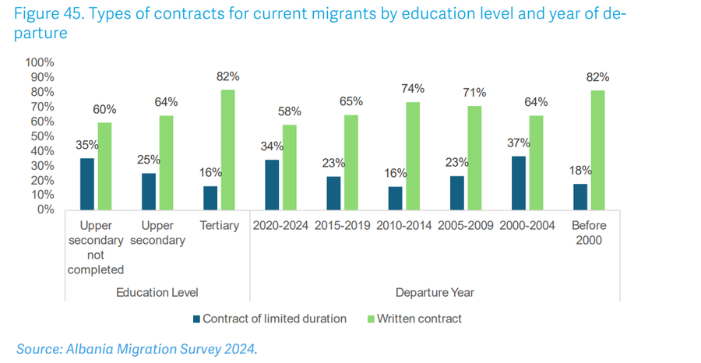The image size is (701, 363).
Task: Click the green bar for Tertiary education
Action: point(227,150)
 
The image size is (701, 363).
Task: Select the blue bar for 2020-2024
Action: point(272,185)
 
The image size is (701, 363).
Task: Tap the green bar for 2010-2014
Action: point(414,156)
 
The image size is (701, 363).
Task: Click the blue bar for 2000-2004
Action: point(519,182)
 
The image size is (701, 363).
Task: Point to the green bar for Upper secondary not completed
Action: point(104,166)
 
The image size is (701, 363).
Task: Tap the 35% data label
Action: point(87,145)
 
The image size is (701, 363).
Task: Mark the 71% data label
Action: point(476,93)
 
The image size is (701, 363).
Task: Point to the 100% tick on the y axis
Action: point(39,62)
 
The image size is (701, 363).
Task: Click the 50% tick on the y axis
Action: point(41,136)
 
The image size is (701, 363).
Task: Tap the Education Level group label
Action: point(157,292)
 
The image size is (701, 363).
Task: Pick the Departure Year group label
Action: point(435,292)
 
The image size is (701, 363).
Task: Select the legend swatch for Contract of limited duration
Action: point(196,319)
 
